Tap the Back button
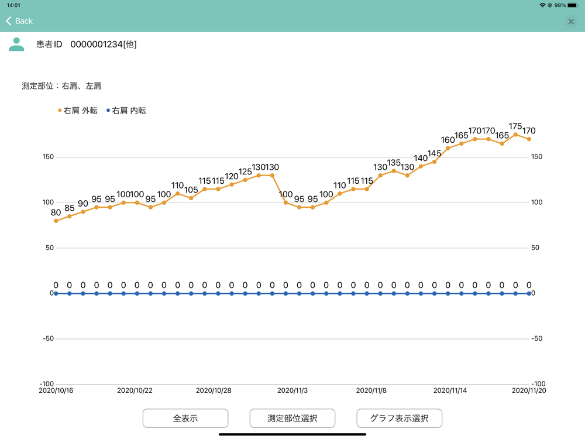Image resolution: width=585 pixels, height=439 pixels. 19,21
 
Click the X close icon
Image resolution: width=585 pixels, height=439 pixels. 571,22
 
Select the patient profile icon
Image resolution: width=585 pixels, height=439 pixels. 16,44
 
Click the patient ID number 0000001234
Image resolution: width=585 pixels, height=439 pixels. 97,44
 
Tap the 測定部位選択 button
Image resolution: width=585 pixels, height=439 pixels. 292,419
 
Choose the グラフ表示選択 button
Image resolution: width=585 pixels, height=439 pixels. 399,419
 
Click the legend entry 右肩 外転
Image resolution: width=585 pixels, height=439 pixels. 78,110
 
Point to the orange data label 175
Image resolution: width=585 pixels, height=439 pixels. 515,126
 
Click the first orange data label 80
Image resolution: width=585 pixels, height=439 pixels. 56,213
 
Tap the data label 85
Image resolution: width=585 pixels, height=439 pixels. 70,208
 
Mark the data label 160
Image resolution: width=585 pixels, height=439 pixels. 448,140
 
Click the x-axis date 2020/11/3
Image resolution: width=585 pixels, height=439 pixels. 292,390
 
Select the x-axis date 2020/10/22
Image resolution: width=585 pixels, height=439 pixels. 135,390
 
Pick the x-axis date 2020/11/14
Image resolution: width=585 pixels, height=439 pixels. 450,390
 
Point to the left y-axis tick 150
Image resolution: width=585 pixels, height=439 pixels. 47,157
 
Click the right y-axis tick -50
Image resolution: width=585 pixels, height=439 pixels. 537,339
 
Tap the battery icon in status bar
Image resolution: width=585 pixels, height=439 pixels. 573,5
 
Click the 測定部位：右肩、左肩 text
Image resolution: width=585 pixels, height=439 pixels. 61,86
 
